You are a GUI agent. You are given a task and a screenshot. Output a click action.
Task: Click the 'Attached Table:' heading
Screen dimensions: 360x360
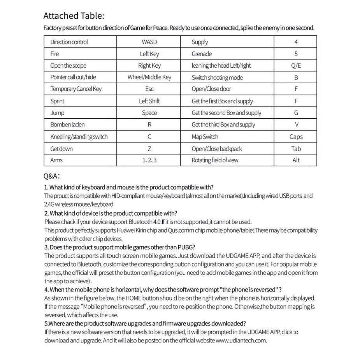click(x=74, y=16)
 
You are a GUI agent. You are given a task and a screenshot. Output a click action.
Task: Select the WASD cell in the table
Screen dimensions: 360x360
click(x=149, y=42)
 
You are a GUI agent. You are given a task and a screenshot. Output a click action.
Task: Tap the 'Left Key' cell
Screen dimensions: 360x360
click(x=149, y=54)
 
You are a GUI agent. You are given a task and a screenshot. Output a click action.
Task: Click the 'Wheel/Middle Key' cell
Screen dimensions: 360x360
click(x=149, y=77)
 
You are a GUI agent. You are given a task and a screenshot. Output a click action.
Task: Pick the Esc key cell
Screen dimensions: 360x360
click(x=149, y=89)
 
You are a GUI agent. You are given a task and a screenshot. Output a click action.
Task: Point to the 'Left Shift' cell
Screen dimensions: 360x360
click(x=149, y=101)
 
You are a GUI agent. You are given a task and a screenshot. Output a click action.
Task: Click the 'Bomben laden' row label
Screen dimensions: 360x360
click(x=67, y=125)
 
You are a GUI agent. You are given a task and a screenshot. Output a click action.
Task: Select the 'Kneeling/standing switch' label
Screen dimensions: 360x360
click(x=79, y=137)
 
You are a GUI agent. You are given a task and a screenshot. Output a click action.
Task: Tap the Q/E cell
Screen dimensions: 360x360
click(x=296, y=66)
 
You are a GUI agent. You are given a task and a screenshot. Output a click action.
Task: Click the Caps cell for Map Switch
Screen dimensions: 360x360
click(x=296, y=137)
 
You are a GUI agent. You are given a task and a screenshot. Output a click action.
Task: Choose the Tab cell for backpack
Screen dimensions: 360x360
click(x=296, y=149)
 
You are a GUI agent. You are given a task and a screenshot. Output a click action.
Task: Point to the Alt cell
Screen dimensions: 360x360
click(x=296, y=160)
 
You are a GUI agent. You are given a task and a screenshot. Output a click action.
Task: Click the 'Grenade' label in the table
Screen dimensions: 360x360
click(x=202, y=54)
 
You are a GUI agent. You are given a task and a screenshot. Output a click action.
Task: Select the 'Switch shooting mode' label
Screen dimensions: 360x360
click(x=217, y=78)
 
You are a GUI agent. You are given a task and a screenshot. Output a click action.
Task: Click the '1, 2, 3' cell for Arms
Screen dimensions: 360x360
click(x=149, y=160)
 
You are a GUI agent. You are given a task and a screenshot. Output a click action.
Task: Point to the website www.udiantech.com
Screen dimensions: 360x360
click(x=241, y=340)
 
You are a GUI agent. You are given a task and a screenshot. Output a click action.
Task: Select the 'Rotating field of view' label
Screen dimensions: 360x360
click(x=215, y=160)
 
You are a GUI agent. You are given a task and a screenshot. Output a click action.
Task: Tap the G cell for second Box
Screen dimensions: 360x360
click(x=296, y=113)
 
